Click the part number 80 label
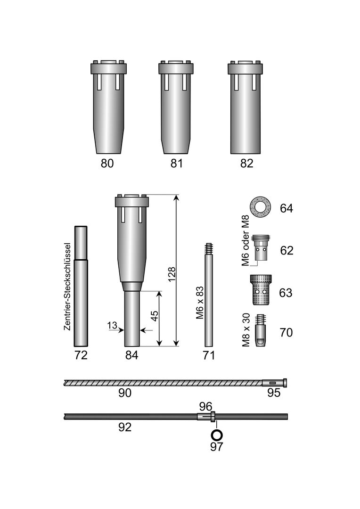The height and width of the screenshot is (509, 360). click(x=107, y=164)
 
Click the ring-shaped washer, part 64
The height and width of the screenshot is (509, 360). click(x=260, y=207)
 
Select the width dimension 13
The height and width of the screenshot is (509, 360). click(x=112, y=326)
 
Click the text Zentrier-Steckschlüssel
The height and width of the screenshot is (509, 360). click(x=67, y=287)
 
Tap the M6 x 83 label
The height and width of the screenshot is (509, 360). click(x=200, y=303)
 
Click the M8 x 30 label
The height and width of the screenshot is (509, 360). click(x=245, y=331)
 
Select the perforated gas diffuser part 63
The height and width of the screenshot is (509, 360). click(x=260, y=290)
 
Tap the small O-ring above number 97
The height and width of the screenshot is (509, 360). click(x=216, y=434)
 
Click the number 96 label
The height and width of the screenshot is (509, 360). click(x=206, y=406)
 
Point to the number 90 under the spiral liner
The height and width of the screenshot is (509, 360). click(x=124, y=393)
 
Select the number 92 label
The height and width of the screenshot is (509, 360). click(x=124, y=427)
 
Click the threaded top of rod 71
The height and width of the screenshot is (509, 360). click(x=209, y=248)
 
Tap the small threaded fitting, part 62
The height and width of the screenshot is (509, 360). click(x=260, y=248)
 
